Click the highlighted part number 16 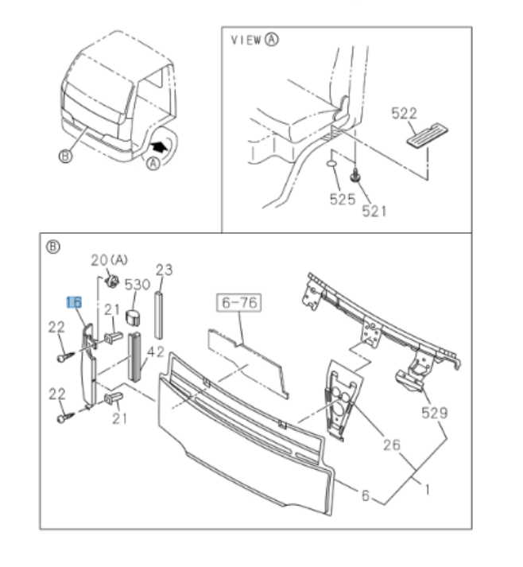coord(74,302)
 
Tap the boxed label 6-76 coord(238,303)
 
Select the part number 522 coord(404,114)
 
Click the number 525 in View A coord(343,199)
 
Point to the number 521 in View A coord(374,210)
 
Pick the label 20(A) coord(109,260)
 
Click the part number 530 coord(138,284)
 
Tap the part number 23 coord(164,270)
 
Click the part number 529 coord(434,413)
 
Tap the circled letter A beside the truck coord(151,164)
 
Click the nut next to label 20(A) coord(113,279)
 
